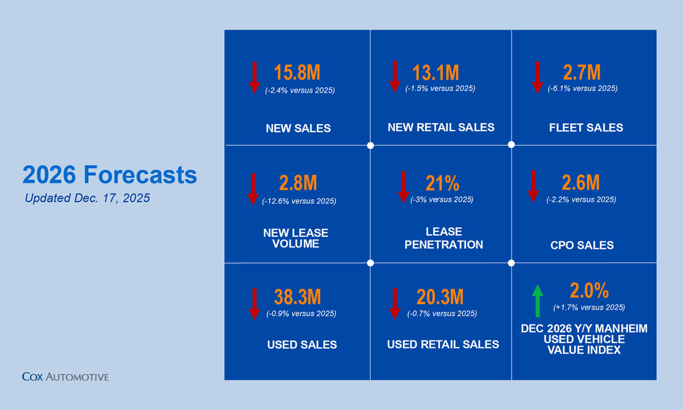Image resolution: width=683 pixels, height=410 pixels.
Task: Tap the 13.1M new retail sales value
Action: (x=435, y=72)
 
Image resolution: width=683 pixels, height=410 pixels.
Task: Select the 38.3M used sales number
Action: (x=298, y=297)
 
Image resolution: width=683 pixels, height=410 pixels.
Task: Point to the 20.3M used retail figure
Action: (x=440, y=297)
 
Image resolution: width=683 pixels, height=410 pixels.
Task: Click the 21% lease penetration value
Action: (x=442, y=183)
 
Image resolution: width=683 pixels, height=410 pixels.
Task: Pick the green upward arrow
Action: (x=537, y=301)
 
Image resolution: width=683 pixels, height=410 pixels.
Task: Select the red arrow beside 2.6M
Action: (x=533, y=186)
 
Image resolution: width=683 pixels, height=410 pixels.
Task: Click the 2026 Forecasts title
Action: (x=110, y=175)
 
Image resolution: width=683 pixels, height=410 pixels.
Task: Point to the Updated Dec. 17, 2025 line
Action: (x=87, y=199)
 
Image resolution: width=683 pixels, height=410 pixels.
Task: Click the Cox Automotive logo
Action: (x=65, y=376)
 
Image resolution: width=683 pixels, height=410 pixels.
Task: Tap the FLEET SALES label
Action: (x=586, y=128)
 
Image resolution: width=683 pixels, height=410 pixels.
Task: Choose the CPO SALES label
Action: (x=582, y=245)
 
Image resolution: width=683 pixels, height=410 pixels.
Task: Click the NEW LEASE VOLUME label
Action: (x=296, y=238)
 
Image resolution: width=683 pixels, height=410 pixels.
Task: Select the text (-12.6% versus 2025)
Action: (x=299, y=201)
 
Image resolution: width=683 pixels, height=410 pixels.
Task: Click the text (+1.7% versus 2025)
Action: (x=589, y=307)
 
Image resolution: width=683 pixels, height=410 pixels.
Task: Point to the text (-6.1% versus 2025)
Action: (x=582, y=89)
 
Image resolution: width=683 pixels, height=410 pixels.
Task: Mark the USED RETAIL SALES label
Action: (x=443, y=345)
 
